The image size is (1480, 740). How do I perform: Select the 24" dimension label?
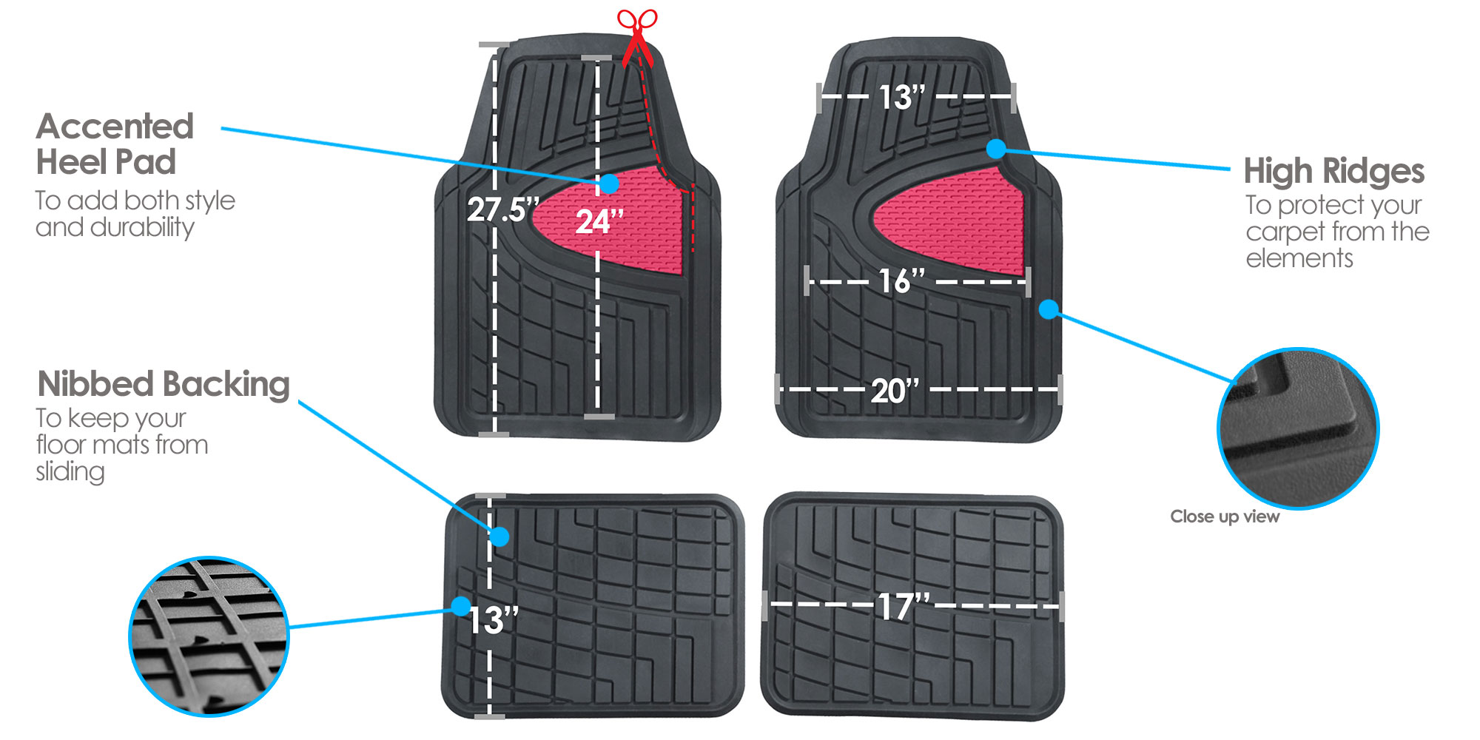[599, 221]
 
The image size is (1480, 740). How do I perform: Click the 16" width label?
[902, 281]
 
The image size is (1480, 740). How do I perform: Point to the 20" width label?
[895, 391]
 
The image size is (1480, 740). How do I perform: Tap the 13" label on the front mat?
[902, 97]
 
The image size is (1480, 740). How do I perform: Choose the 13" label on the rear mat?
[494, 620]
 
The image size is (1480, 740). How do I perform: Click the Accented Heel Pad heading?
[115, 144]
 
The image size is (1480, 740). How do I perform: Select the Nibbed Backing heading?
[164, 384]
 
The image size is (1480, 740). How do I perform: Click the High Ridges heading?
[1334, 171]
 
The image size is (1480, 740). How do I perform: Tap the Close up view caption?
[1225, 517]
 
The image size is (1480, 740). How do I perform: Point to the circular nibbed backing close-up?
[209, 636]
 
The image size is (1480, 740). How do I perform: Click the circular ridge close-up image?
[1298, 428]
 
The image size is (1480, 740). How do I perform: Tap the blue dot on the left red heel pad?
[609, 183]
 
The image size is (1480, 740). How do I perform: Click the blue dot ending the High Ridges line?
[996, 149]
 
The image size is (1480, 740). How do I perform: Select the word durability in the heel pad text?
[142, 228]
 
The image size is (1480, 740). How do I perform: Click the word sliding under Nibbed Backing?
[70, 472]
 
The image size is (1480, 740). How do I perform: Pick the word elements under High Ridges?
[1299, 258]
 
